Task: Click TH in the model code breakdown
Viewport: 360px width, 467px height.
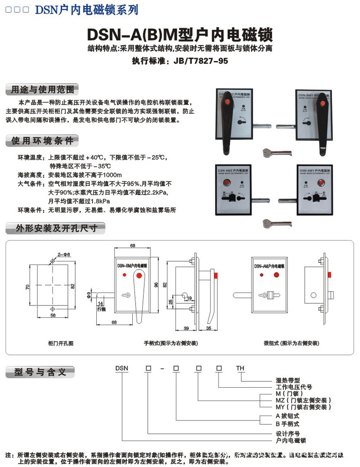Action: [x=240, y=367]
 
